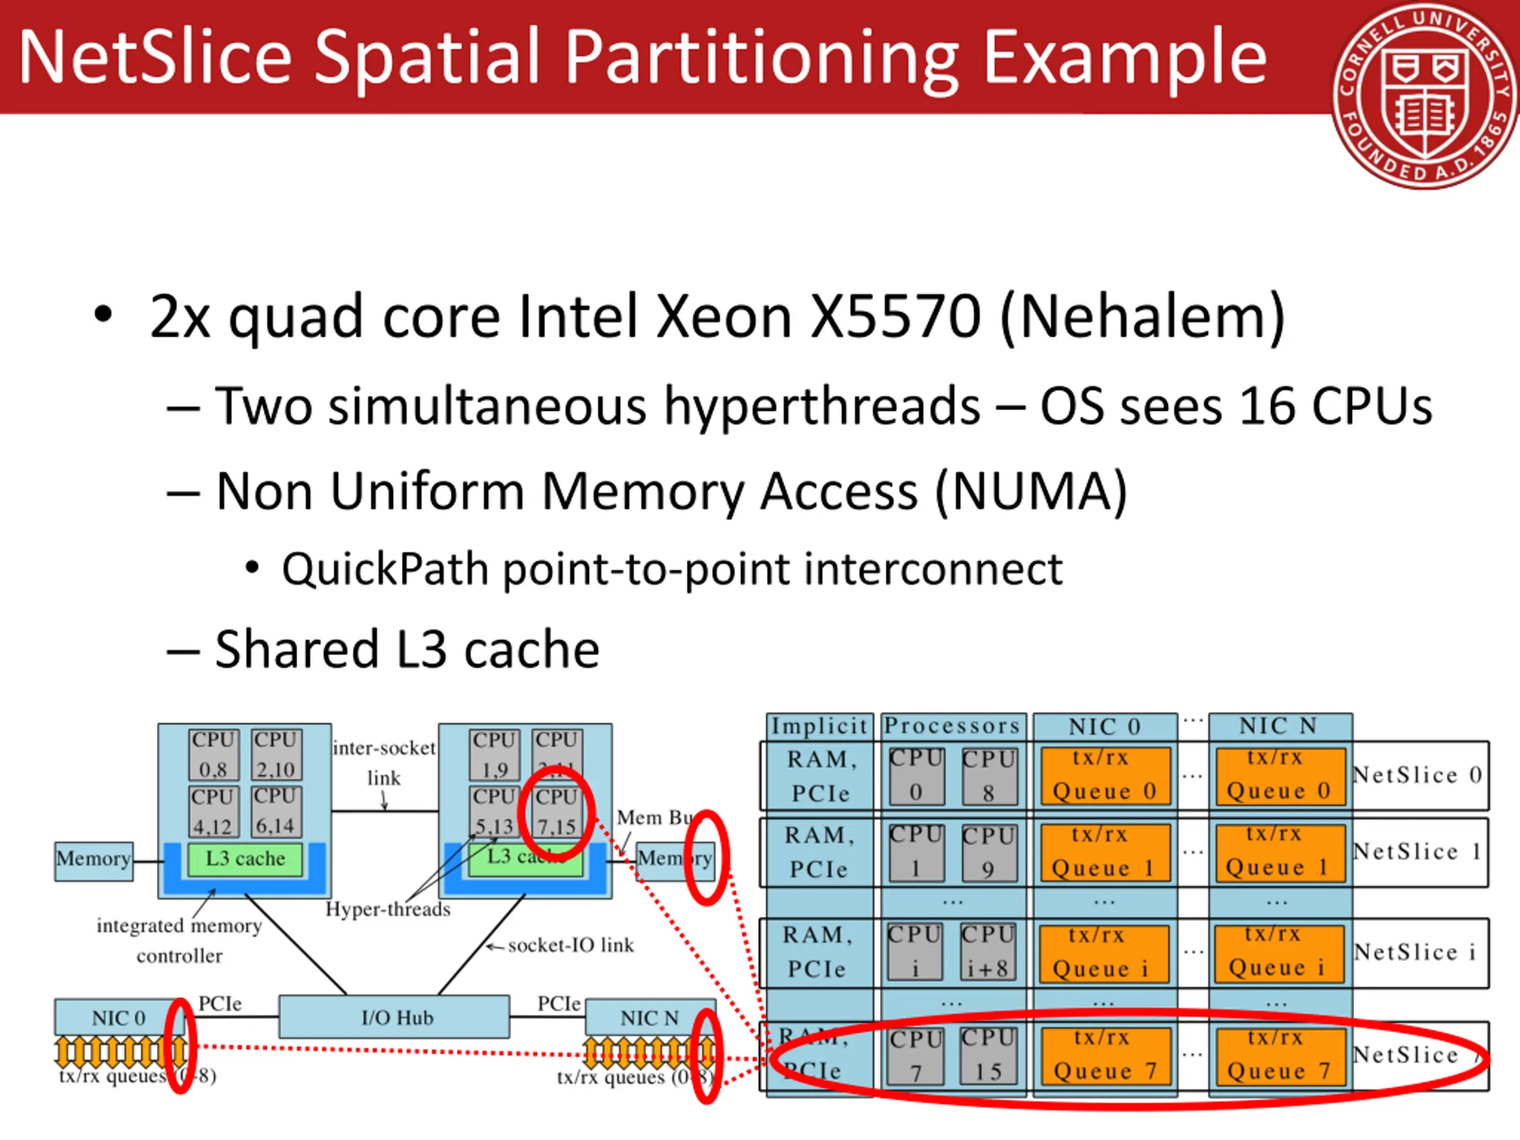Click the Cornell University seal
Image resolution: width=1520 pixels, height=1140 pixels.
[x=1425, y=96]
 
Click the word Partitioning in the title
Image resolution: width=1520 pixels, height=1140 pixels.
[x=764, y=61]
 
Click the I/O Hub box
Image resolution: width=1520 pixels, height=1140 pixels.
[x=394, y=1017]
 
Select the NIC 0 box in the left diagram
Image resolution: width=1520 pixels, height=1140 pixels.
[x=118, y=1017]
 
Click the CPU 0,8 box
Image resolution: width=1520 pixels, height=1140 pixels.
[x=214, y=754]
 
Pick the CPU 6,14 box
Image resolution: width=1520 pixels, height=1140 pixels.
[x=275, y=811]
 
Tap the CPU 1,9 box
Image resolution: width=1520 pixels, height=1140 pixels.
[x=495, y=754]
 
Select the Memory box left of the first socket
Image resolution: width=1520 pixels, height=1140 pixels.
[x=93, y=860]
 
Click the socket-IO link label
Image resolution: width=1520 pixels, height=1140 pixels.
[x=571, y=945]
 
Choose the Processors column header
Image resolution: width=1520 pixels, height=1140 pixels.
[x=952, y=726]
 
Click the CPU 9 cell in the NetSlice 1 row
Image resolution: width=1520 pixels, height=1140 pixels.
[x=988, y=853]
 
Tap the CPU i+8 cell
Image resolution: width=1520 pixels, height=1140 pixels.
[x=987, y=952]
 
